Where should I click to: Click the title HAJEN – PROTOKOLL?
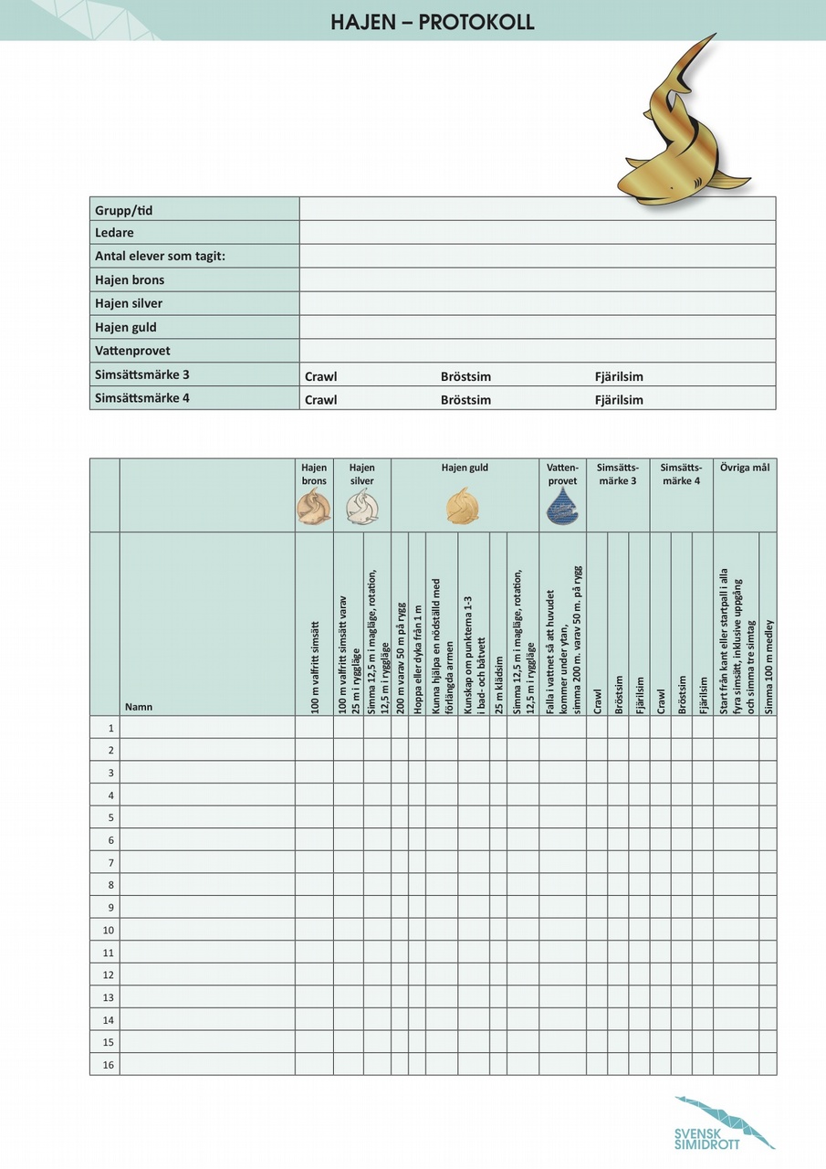point(433,22)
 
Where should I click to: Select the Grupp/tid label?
point(124,210)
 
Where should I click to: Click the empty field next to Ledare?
point(537,233)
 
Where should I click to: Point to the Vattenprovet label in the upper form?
point(132,351)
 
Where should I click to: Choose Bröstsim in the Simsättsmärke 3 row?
point(465,376)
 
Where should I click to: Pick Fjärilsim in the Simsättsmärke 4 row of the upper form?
point(619,400)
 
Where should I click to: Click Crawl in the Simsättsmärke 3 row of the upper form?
point(320,376)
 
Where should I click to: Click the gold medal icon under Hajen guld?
point(463,506)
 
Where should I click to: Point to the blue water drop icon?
point(562,506)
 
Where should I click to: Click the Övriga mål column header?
point(745,468)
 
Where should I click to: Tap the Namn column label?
point(139,707)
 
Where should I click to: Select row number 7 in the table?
point(110,862)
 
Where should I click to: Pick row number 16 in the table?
point(110,1064)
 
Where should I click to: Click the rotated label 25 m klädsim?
point(498,684)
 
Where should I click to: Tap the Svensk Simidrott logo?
point(723,1123)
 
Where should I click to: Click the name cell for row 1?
point(207,728)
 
